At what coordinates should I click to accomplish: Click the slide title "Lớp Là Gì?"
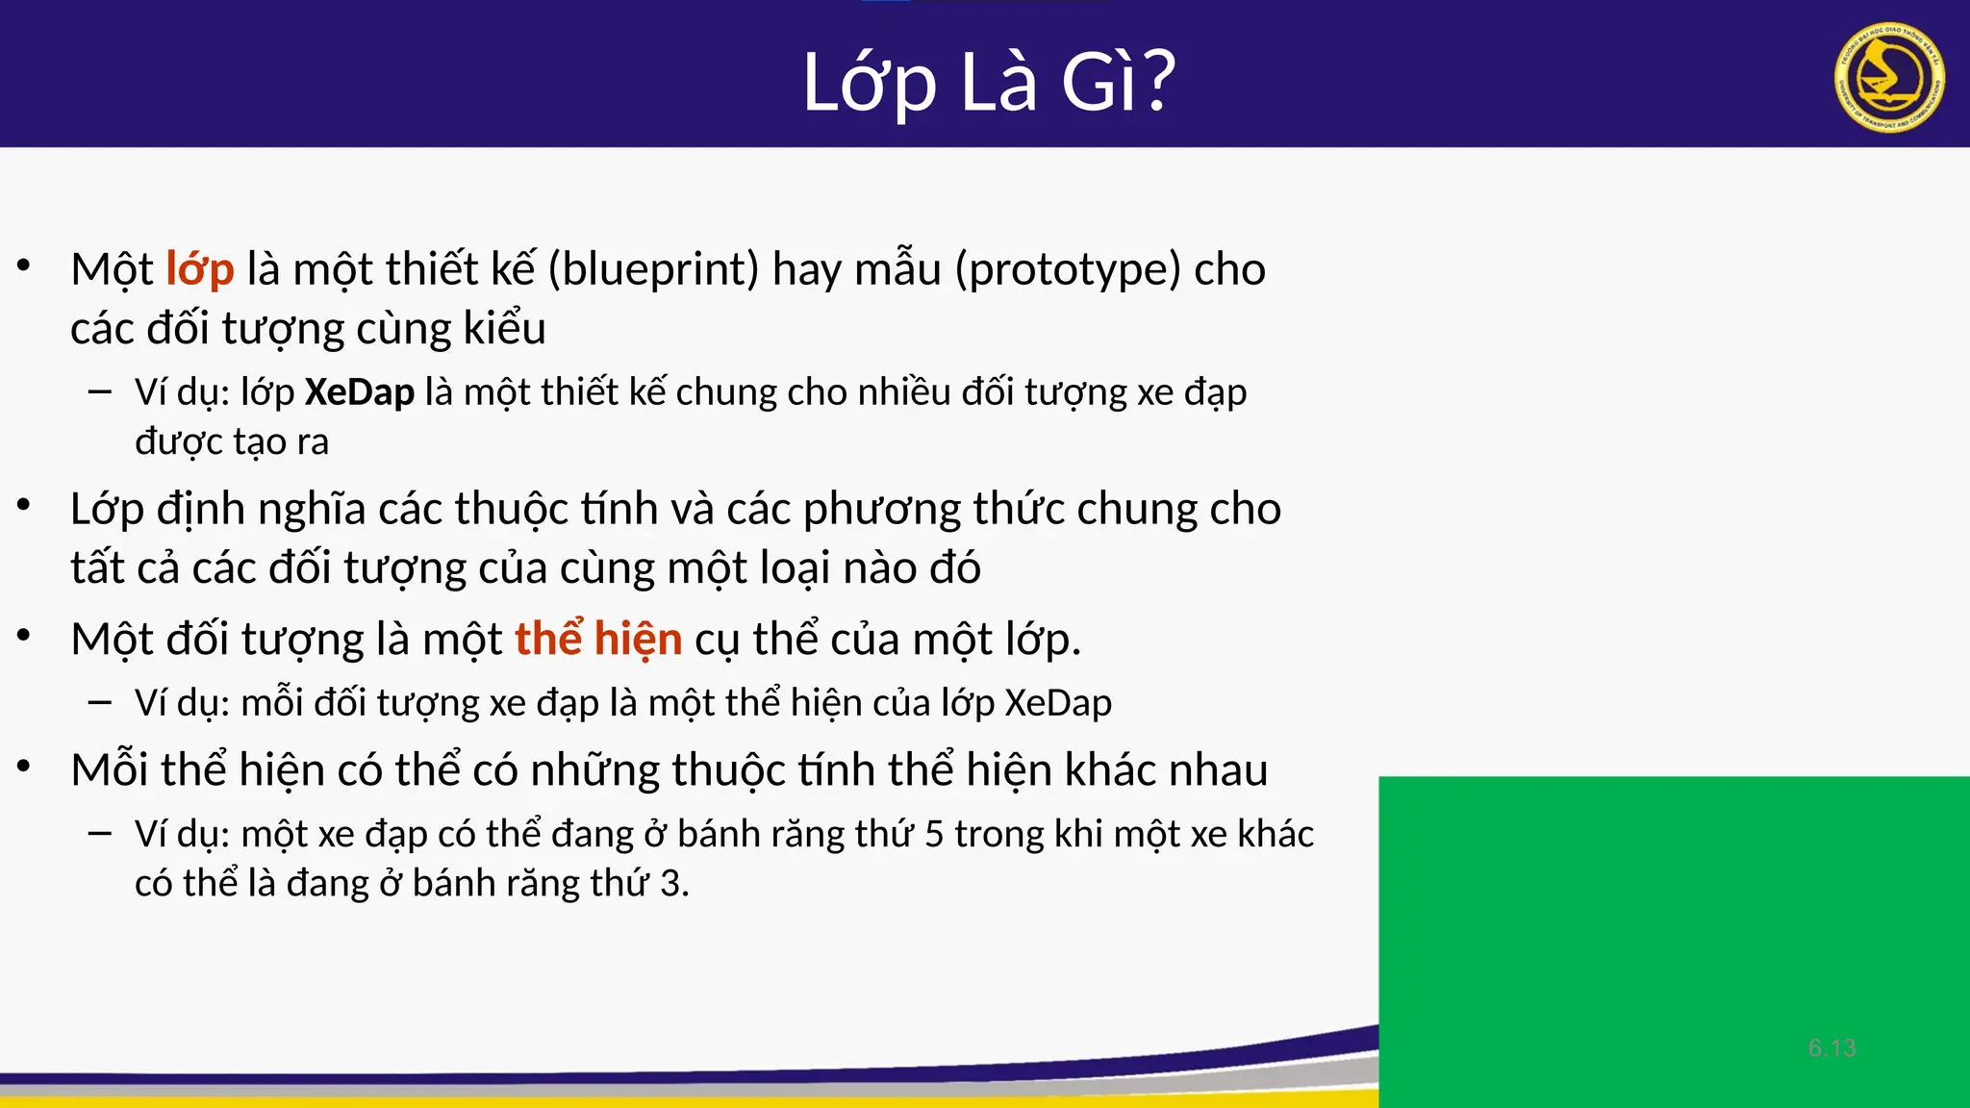pyautogui.click(x=989, y=82)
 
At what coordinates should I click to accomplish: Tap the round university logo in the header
pyautogui.click(x=1889, y=78)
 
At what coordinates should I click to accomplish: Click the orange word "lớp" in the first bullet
pyautogui.click(x=200, y=270)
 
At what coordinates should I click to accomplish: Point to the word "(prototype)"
pyautogui.click(x=1068, y=270)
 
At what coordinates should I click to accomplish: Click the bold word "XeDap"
pyautogui.click(x=360, y=392)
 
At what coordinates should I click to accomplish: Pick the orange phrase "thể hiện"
pyautogui.click(x=598, y=640)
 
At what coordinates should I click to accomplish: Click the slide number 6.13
pyautogui.click(x=1831, y=1048)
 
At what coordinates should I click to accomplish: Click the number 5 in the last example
pyautogui.click(x=933, y=835)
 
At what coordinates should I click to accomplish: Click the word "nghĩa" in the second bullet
pyautogui.click(x=312, y=510)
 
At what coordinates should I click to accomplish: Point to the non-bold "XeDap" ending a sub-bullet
pyautogui.click(x=1058, y=703)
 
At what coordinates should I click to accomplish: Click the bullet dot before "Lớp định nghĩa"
pyautogui.click(x=25, y=504)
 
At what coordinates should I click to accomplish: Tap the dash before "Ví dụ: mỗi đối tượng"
pyautogui.click(x=99, y=702)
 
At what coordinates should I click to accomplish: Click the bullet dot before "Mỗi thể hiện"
pyautogui.click(x=25, y=766)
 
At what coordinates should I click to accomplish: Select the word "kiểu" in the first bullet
pyautogui.click(x=505, y=329)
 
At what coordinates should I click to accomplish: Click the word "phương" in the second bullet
pyautogui.click(x=881, y=510)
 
